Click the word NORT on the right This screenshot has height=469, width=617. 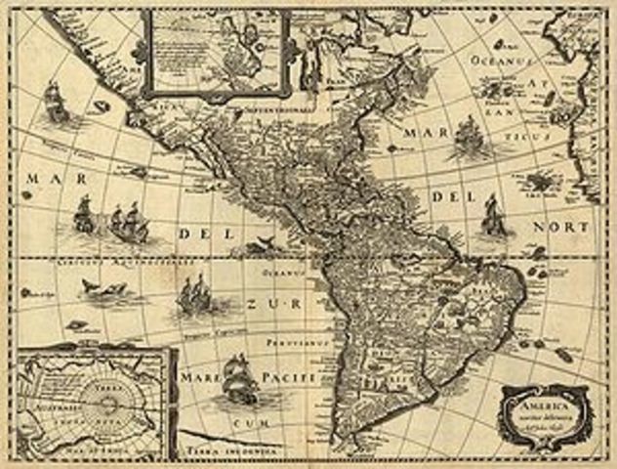pyautogui.click(x=573, y=228)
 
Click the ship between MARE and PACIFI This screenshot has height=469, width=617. pyautogui.click(x=237, y=375)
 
